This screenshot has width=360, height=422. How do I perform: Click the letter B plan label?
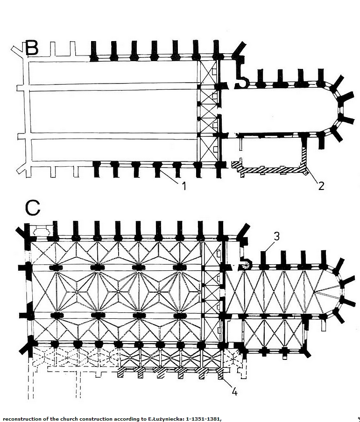pos(32,48)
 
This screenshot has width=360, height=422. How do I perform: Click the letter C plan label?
pos(33,209)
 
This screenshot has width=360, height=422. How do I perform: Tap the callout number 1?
pos(184,186)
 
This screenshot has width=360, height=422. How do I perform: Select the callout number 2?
pos(321,186)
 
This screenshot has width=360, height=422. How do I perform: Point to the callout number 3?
pos(276,236)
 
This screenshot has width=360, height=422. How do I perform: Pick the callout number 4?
pos(234,392)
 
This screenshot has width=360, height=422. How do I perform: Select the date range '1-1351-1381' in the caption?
pos(204,418)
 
